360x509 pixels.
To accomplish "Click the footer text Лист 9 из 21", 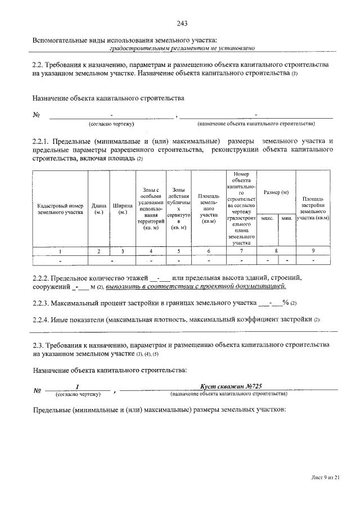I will [x=326, y=477].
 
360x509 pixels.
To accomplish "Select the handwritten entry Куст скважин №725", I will [x=231, y=386].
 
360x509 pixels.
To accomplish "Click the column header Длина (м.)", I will [x=99, y=209].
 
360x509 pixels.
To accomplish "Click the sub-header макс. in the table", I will [x=267, y=218].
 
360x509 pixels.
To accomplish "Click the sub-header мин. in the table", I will [x=286, y=218].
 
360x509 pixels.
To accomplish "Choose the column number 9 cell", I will [x=313, y=251].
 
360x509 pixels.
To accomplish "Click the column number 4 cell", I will [x=151, y=251].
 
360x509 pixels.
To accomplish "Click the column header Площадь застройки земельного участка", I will [x=313, y=208].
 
